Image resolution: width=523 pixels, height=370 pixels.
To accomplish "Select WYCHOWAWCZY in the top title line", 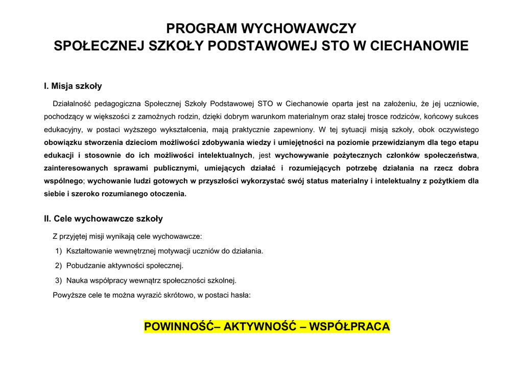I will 299,28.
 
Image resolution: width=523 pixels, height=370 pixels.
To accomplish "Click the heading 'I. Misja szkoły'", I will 73,86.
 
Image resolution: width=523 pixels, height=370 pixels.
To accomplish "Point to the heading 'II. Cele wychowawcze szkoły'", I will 104,219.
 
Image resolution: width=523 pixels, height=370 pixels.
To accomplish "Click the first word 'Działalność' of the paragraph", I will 72,104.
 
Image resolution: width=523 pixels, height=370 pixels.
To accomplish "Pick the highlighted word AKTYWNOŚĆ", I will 260,327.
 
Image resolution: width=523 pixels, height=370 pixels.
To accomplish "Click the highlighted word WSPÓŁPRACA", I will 350,327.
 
